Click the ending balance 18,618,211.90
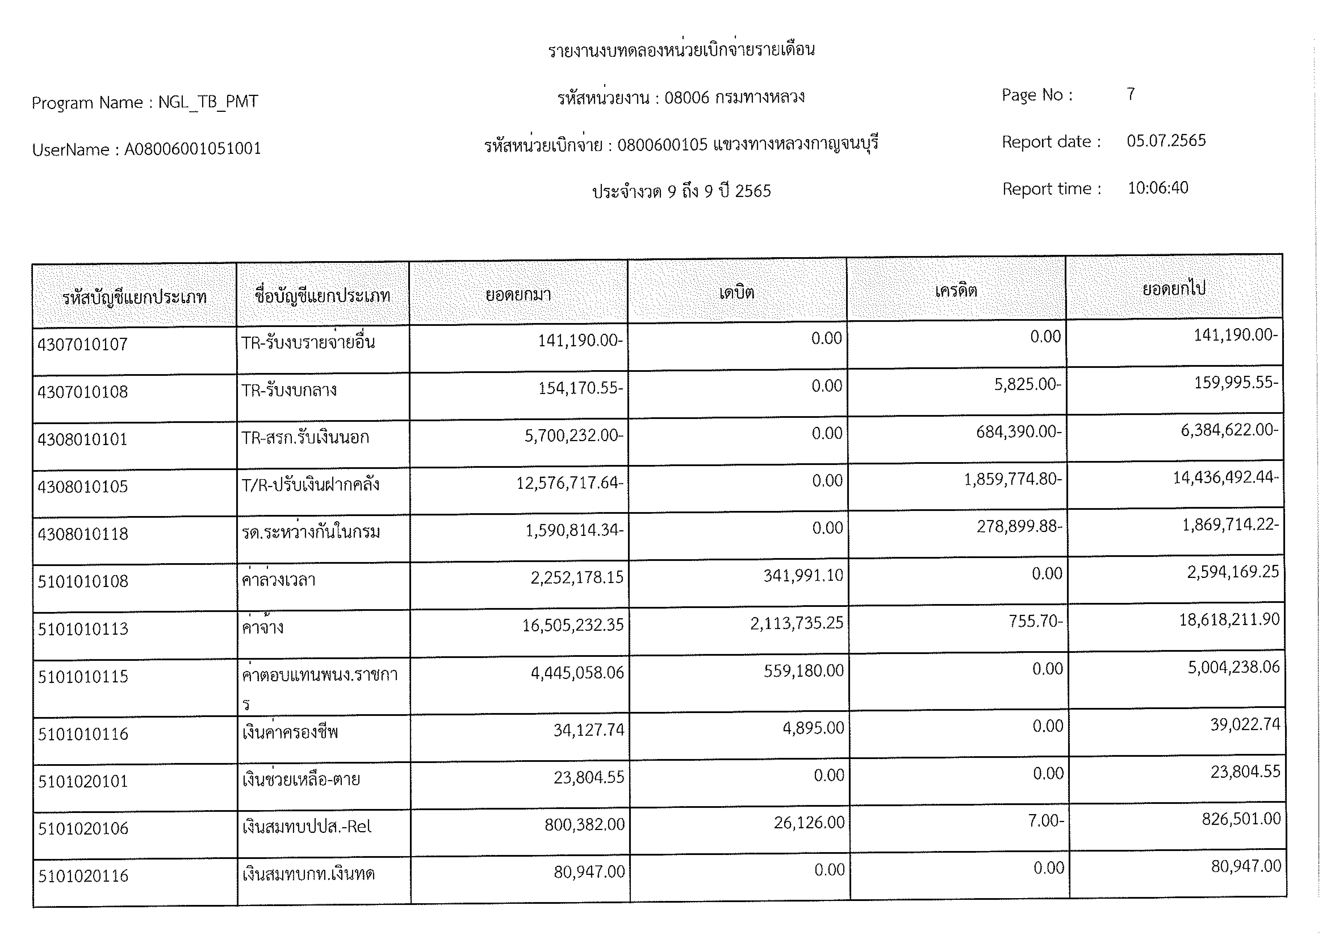[x=1229, y=620]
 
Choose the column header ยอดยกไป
[x=1174, y=288]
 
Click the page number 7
[x=1131, y=94]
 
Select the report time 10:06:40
[x=1158, y=188]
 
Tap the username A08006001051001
[x=193, y=149]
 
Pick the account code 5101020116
[x=83, y=876]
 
